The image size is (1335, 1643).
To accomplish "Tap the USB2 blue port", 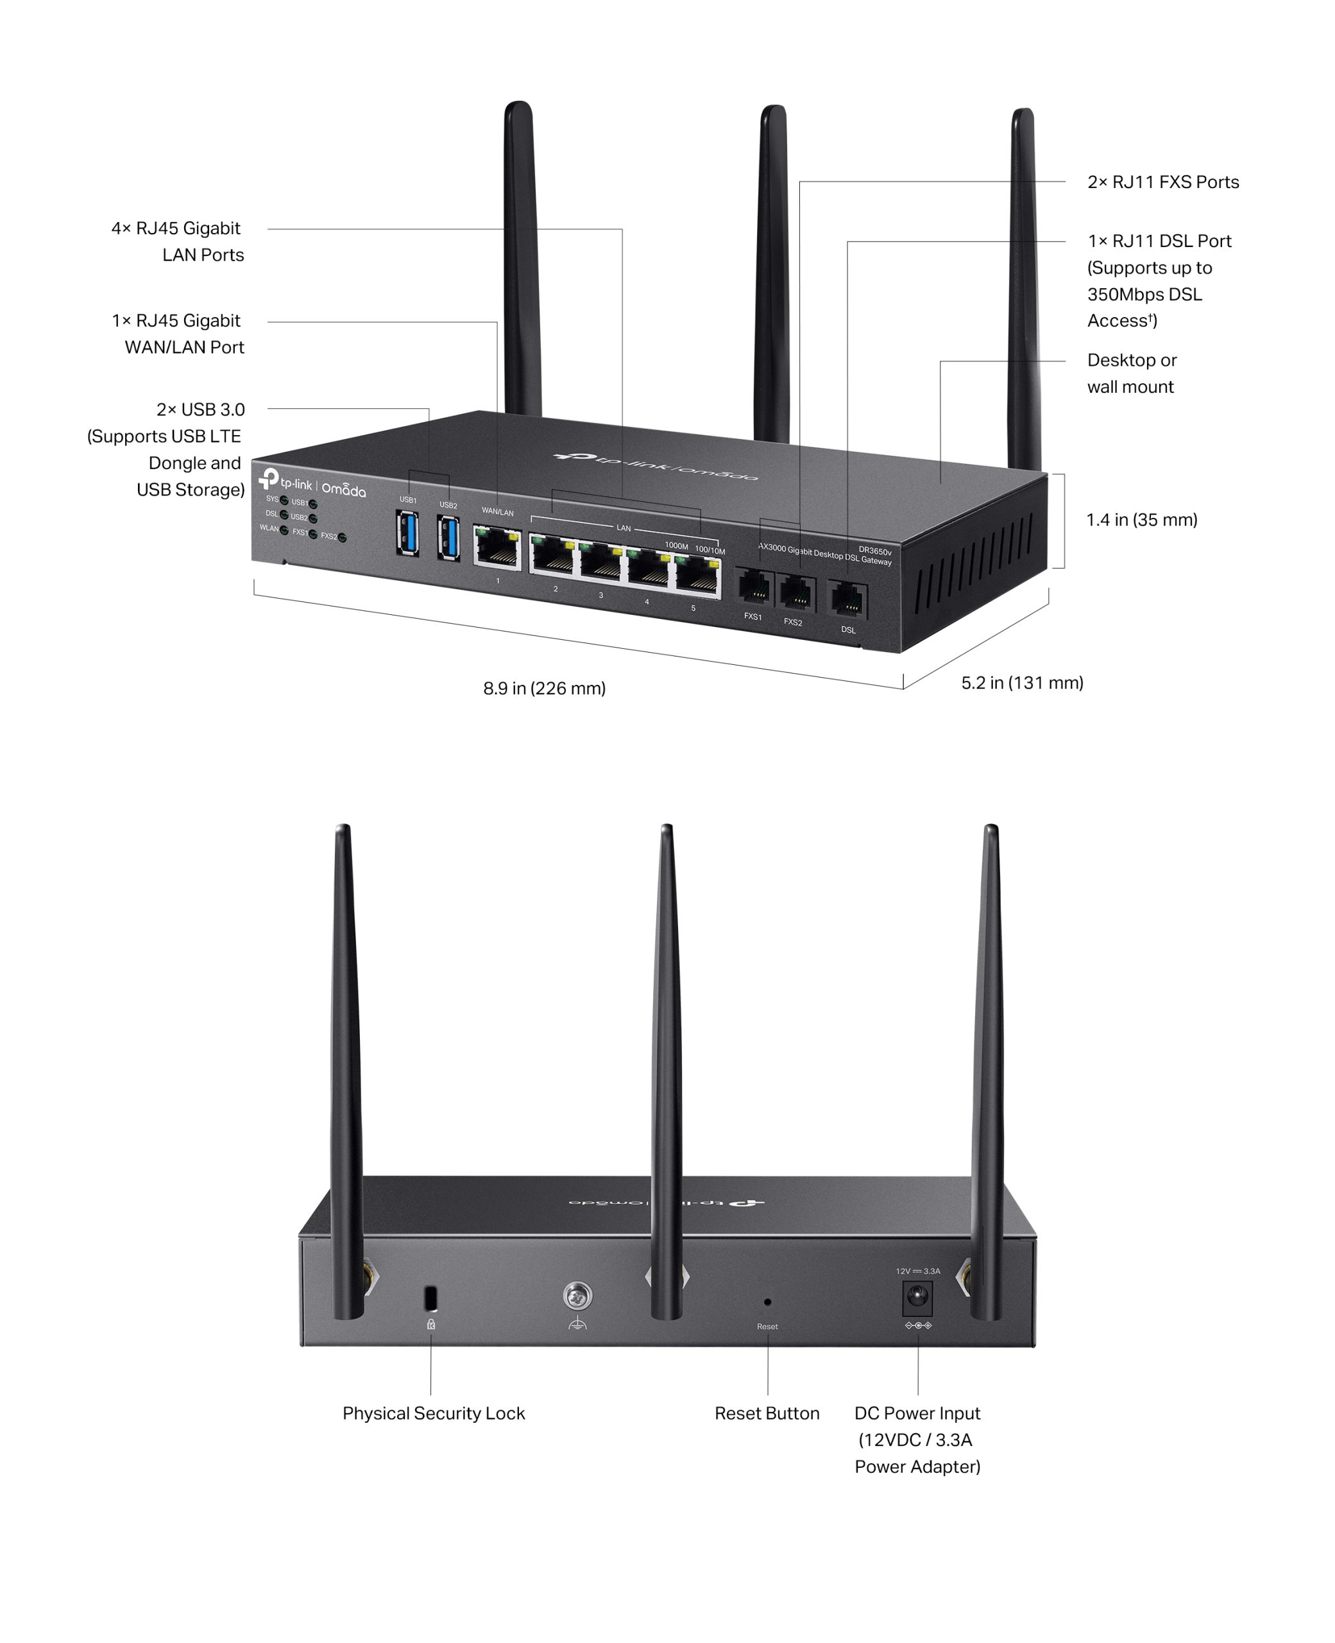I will tap(448, 538).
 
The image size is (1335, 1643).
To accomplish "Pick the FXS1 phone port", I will tap(754, 589).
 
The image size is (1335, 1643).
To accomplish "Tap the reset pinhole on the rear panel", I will tap(767, 1302).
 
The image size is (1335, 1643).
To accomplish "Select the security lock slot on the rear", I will tap(430, 1298).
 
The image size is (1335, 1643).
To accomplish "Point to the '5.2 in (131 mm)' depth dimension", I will tap(1022, 683).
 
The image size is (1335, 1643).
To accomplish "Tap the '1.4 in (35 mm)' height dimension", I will tap(1141, 520).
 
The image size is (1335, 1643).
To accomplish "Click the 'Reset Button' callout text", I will tap(767, 1413).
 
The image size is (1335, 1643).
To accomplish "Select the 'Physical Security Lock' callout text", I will tap(434, 1413).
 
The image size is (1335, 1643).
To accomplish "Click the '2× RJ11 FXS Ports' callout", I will tap(1162, 182).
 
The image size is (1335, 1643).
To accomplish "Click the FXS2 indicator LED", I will tap(342, 538).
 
